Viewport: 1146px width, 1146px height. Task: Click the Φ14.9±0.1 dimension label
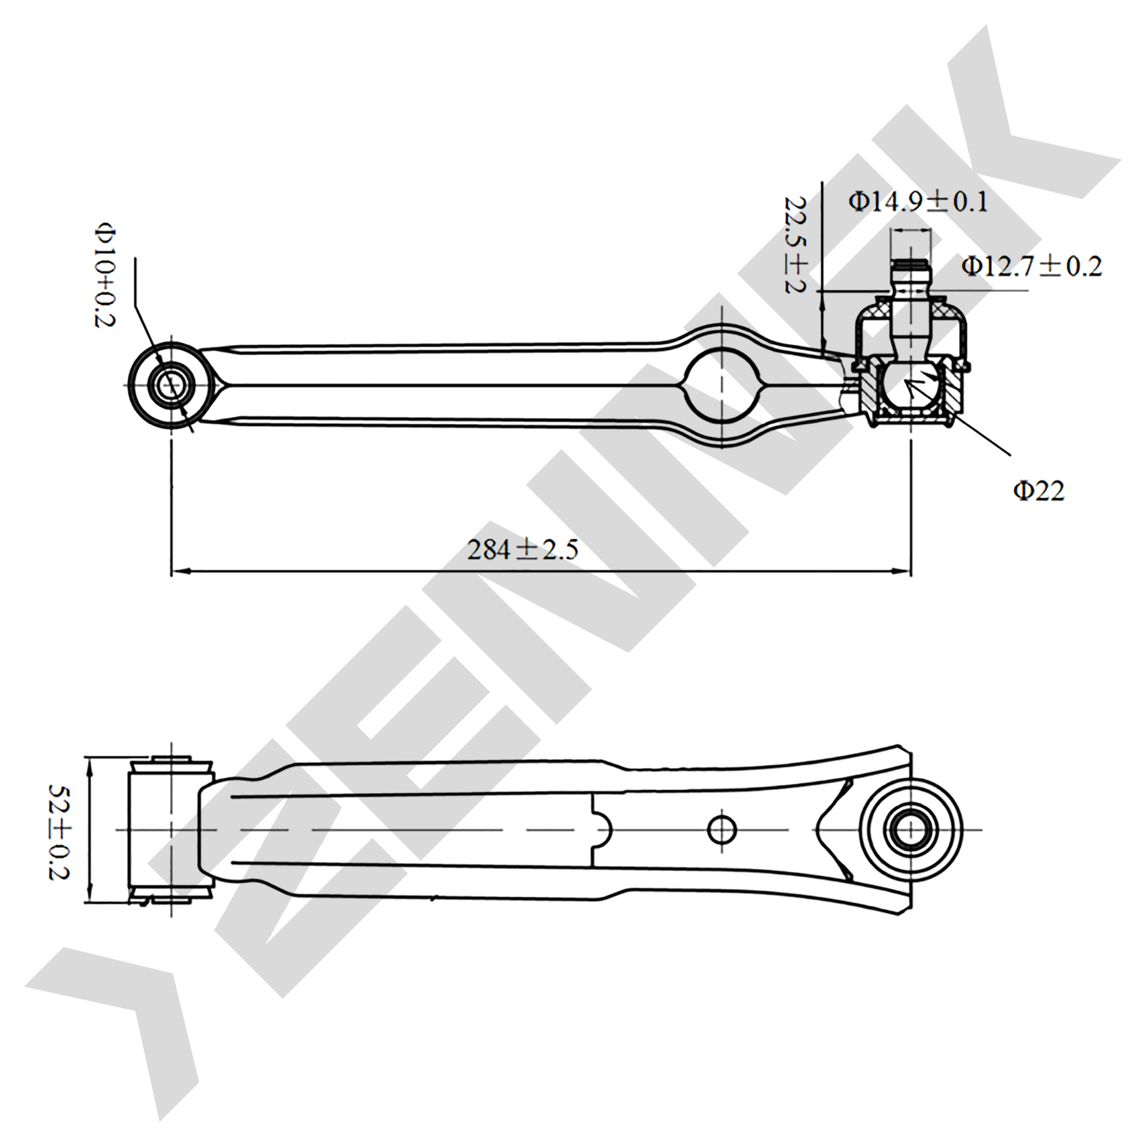tap(918, 202)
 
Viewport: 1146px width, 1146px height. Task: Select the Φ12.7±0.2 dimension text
tap(1031, 266)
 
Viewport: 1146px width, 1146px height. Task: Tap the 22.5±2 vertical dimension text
tap(795, 244)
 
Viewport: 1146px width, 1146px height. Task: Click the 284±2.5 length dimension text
tap(523, 550)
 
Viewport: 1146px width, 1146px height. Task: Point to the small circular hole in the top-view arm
tap(722, 829)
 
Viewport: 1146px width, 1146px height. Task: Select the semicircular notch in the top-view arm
tap(603, 829)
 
